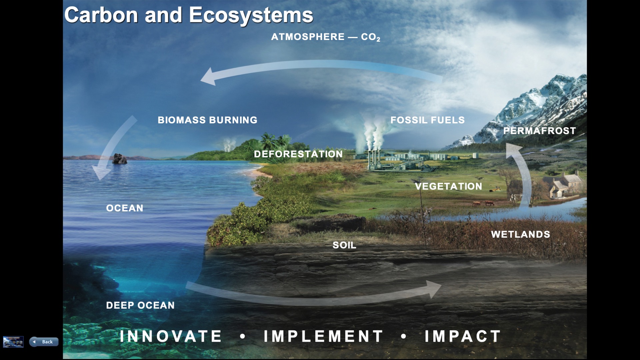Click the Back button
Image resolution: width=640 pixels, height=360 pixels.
[x=44, y=342]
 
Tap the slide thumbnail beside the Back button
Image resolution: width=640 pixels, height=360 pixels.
[x=13, y=342]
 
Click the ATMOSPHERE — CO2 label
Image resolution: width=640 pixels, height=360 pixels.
[x=325, y=37]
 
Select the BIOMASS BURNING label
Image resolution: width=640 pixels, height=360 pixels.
[x=207, y=120]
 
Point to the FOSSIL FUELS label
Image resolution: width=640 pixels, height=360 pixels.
[x=427, y=120]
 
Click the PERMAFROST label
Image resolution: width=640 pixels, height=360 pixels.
[x=539, y=131]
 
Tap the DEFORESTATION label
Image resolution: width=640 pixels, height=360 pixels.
[x=298, y=154]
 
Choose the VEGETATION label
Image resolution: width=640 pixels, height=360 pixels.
[x=448, y=186]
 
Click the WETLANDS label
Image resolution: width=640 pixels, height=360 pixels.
[x=520, y=234]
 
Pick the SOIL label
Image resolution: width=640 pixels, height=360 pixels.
[x=344, y=245]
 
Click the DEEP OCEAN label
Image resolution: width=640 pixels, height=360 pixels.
[x=140, y=305]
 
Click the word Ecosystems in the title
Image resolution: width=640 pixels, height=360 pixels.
[x=251, y=15]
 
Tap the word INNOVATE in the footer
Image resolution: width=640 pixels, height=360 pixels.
[x=171, y=336]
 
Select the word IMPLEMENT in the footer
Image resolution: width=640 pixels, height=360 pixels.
[x=323, y=336]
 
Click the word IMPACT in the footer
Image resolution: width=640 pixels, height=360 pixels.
[x=463, y=336]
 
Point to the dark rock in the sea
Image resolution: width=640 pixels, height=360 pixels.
[x=119, y=159]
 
